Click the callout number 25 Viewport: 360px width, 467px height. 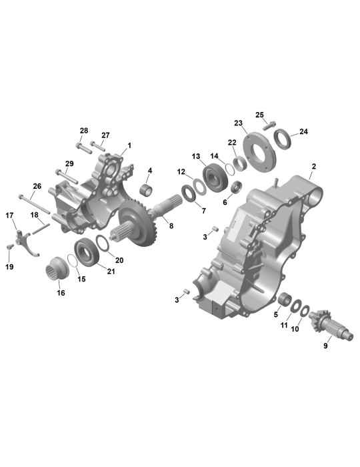pyautogui.click(x=259, y=115)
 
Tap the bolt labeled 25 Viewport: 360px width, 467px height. pyautogui.click(x=269, y=125)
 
